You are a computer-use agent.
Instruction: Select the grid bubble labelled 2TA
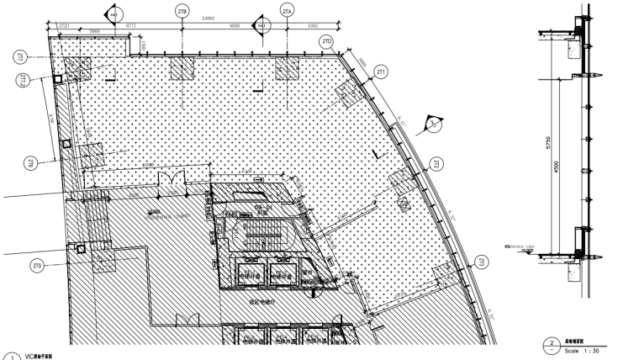(288, 11)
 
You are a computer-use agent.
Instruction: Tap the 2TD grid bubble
(327, 41)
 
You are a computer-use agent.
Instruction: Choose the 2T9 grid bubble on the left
(37, 267)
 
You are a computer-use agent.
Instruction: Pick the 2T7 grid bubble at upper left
(18, 56)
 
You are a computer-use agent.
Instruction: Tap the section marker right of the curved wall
(432, 124)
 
